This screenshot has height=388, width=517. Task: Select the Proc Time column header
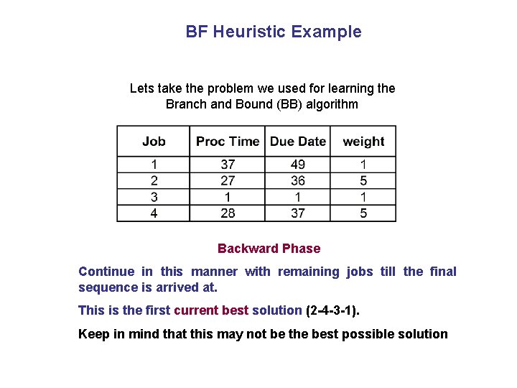pos(228,142)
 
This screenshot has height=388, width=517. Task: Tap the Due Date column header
pos(298,142)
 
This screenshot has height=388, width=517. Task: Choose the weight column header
pos(363,142)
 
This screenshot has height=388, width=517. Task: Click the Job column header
pos(154,142)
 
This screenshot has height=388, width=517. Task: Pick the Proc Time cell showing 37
pos(228,165)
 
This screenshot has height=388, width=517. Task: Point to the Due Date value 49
pos(298,165)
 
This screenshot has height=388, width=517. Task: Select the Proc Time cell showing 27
pos(228,180)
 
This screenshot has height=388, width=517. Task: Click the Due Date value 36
pos(298,180)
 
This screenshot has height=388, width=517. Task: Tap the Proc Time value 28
pos(228,213)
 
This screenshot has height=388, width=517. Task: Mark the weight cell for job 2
pos(363,180)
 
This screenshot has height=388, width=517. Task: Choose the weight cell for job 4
pos(363,213)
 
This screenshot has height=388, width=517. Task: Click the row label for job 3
pos(154,197)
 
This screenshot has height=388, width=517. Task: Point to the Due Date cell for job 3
pos(298,197)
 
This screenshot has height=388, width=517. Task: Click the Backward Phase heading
pos(269,249)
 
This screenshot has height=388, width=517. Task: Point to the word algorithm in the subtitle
pos(332,104)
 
